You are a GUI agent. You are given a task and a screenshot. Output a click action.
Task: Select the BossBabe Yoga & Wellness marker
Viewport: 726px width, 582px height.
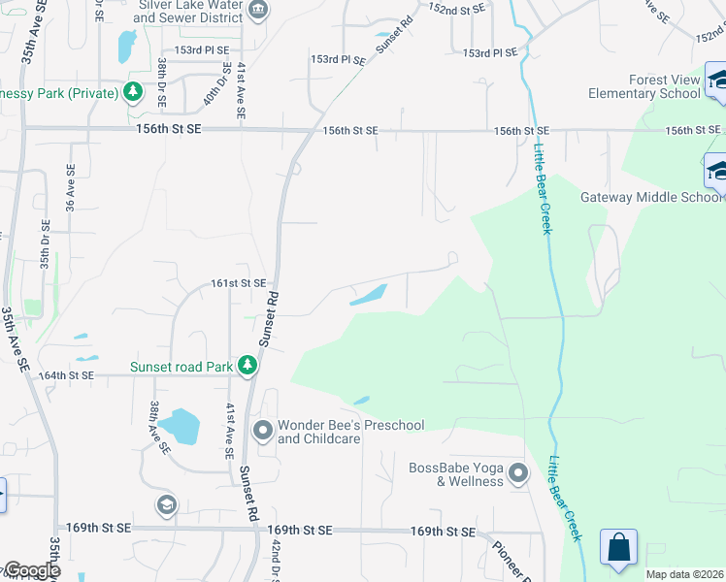tap(518, 474)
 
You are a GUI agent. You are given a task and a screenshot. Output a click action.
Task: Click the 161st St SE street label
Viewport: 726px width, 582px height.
tap(239, 283)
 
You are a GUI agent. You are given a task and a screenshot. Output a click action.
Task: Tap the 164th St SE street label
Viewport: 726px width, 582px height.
tap(66, 374)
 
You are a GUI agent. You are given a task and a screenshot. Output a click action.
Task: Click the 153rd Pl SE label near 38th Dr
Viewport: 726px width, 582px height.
tap(202, 49)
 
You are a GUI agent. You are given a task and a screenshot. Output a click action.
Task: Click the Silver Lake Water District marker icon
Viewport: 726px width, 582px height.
tap(258, 12)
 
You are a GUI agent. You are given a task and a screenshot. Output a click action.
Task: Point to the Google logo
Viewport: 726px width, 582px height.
tap(31, 570)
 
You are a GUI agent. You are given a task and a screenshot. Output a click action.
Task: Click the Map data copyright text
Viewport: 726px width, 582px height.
tap(685, 574)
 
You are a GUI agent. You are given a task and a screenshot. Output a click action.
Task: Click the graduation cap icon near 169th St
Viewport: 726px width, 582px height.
tap(166, 505)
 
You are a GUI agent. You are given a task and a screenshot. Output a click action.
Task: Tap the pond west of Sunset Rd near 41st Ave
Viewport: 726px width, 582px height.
tap(180, 425)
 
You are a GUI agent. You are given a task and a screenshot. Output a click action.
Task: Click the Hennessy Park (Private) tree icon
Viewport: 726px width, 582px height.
tap(133, 93)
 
